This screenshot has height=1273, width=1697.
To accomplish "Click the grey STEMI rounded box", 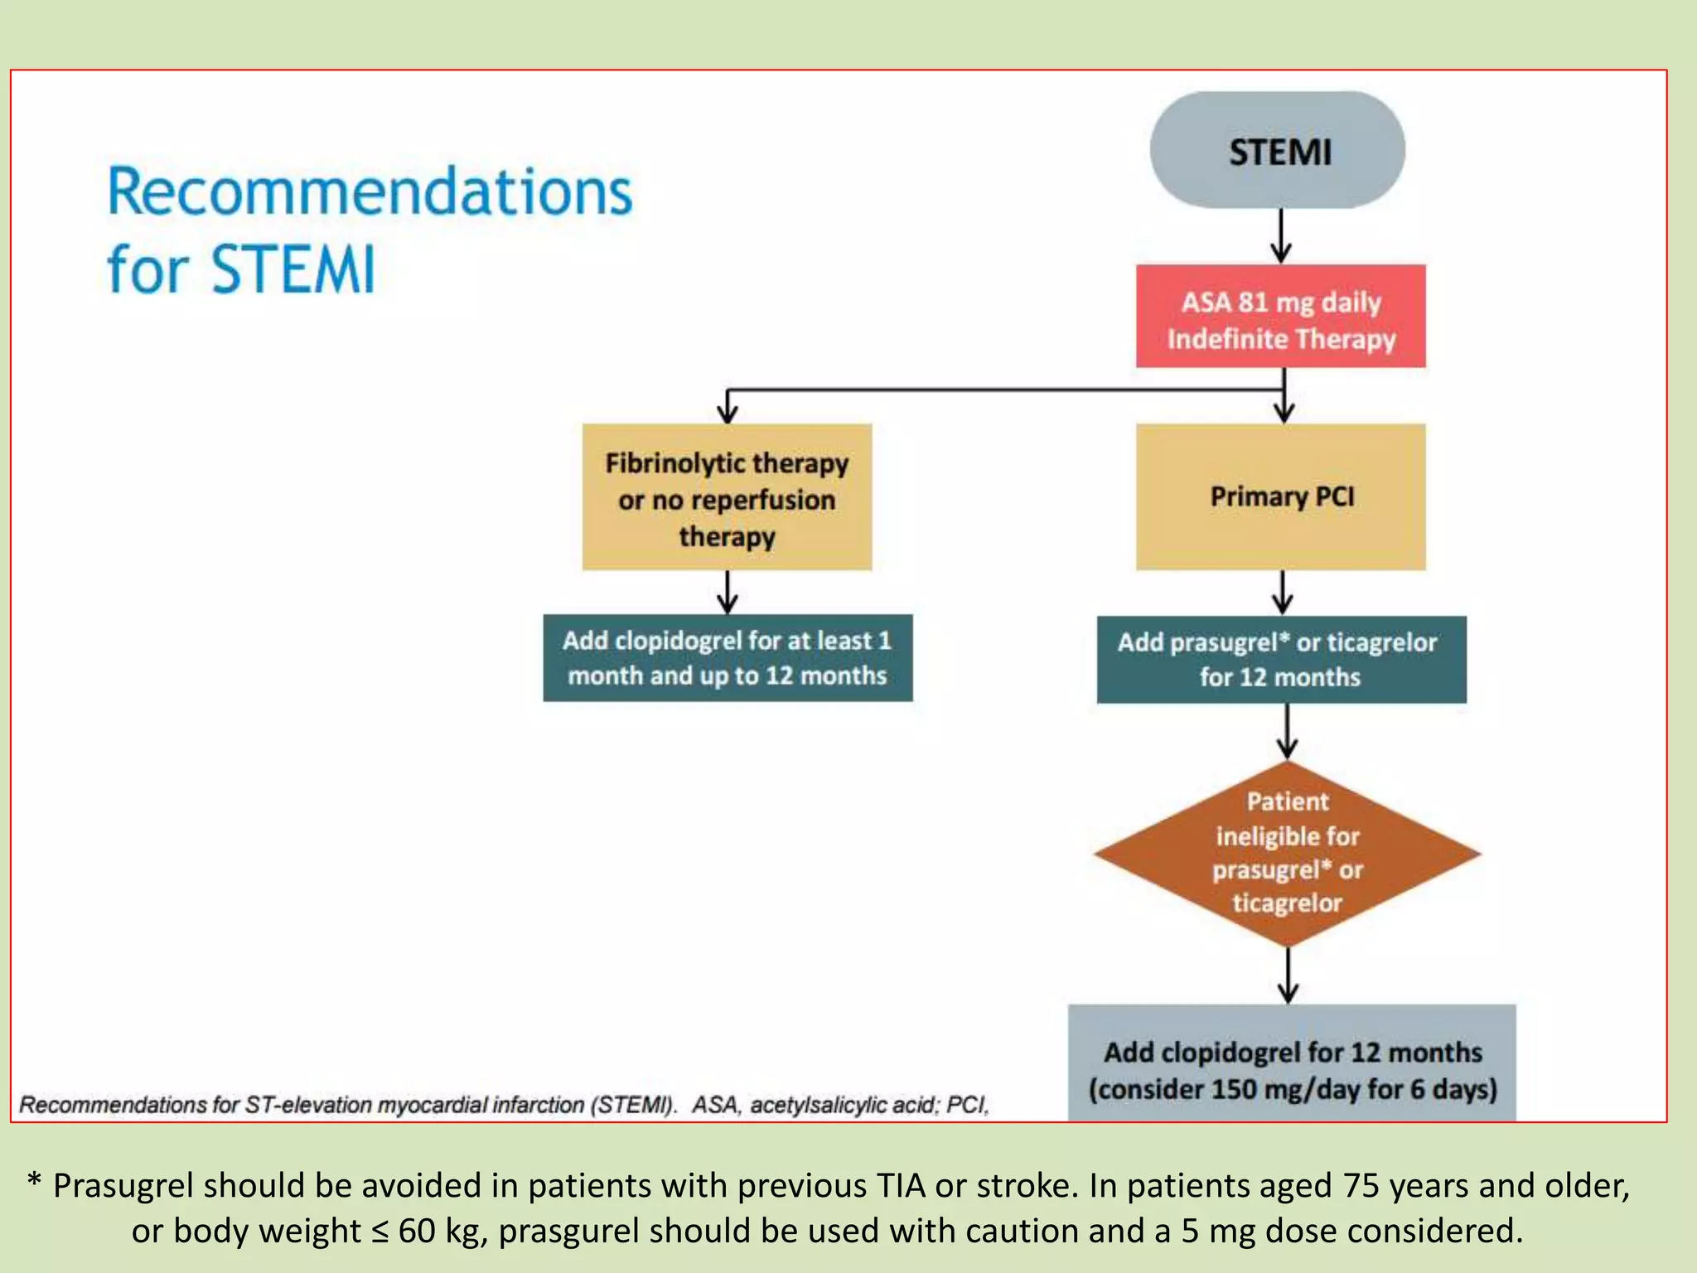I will point(1277,151).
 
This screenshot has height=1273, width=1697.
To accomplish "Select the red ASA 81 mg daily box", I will point(1280,317).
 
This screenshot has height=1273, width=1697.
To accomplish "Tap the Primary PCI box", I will point(1280,496).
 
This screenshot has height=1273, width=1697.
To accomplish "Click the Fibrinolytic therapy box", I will point(727,497).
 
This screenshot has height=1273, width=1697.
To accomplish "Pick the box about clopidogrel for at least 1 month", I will point(728,658).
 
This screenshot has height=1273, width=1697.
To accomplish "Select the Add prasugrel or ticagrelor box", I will point(1281,660).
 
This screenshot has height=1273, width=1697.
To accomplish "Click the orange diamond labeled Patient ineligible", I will point(1287,854).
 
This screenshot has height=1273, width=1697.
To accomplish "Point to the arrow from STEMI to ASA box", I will point(1281,236).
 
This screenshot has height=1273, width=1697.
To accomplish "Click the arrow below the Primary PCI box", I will point(1283,593).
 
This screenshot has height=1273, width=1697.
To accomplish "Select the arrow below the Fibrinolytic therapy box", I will point(728,592).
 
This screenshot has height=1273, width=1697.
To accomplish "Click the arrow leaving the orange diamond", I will point(1288,976).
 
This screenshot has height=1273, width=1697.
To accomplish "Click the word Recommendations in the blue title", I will point(370,192).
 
